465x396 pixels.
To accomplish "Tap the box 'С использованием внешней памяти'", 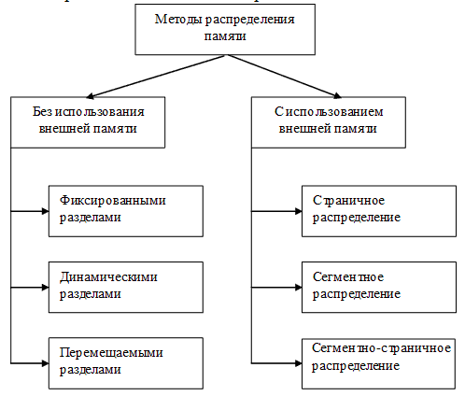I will (x=329, y=120).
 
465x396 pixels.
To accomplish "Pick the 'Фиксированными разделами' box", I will (x=124, y=209).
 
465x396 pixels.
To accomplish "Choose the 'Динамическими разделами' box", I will (x=124, y=285).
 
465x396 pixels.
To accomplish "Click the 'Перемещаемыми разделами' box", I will (x=124, y=361).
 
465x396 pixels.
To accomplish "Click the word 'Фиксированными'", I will (x=106, y=202).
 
